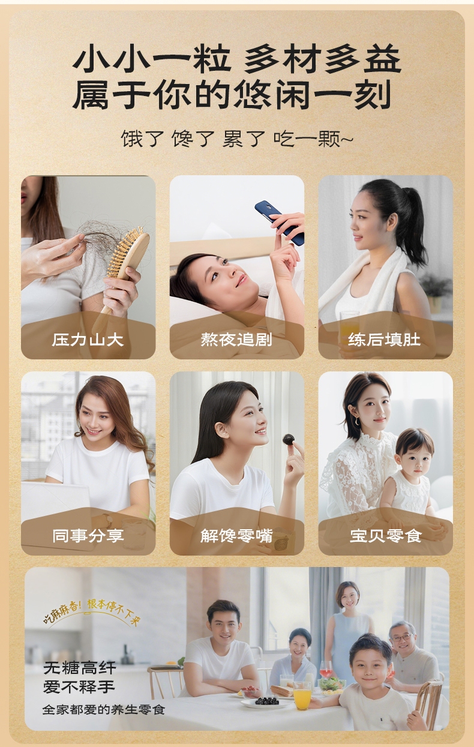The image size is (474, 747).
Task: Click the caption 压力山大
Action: [x=88, y=340]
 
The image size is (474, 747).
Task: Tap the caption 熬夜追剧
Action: [x=236, y=340]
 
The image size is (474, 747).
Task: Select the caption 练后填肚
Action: [x=384, y=340]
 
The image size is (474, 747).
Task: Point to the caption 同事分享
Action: [x=88, y=536]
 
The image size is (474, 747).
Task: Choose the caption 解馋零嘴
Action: [x=236, y=536]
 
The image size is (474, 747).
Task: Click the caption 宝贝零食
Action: [x=386, y=536]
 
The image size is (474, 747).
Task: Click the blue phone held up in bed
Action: [x=280, y=222]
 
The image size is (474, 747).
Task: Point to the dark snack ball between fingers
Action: [x=289, y=440]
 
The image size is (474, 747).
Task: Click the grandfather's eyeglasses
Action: [x=401, y=638]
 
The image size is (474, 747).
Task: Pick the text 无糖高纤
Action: [x=80, y=668]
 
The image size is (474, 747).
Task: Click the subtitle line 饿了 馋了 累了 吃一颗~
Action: [x=237, y=139]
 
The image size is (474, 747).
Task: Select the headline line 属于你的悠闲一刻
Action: [x=232, y=95]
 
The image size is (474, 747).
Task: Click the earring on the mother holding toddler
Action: [x=357, y=421]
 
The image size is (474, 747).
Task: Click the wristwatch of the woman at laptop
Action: [x=107, y=520]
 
